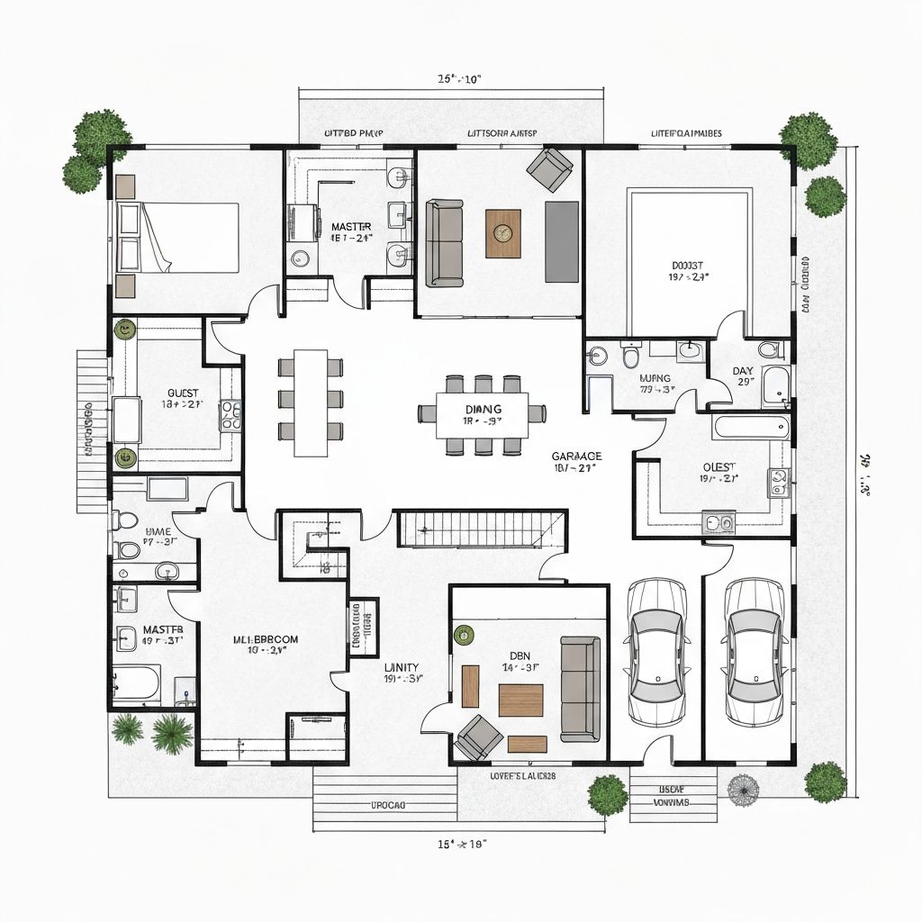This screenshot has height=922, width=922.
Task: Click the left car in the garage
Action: pos(656,652)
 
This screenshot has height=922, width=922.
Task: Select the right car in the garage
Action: pos(753,652)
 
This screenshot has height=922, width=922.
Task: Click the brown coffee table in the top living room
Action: pos(502,233)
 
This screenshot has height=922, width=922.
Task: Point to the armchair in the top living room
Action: pos(551,169)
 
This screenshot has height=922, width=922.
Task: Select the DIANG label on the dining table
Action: pos(482,409)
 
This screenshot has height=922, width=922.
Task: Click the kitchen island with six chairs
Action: pos(311,402)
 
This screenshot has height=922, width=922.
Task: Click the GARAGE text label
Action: pos(576,456)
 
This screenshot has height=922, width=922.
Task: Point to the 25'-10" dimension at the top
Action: pos(459,78)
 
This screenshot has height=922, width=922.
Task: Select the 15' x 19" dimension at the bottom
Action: pos(462,844)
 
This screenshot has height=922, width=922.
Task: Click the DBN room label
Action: pos(521,655)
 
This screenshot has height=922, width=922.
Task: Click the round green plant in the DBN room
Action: pos(464,635)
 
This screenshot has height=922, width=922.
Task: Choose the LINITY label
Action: pos(402,667)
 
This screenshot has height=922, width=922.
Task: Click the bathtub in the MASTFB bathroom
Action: pos(137,683)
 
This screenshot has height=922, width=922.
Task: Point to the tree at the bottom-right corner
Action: pos(825,782)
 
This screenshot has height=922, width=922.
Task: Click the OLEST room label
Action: pos(719,466)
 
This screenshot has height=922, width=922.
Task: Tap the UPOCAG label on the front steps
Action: pos(389,803)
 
